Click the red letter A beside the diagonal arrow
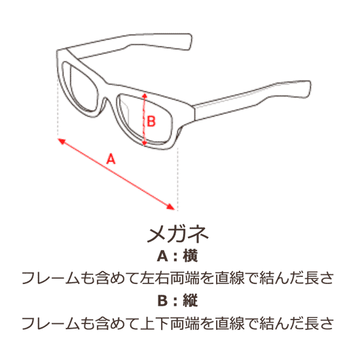[111, 159]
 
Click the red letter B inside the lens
[151, 121]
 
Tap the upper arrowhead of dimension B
[144, 95]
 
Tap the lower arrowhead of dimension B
[144, 143]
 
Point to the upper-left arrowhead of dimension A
[62, 141]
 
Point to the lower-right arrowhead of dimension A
[171, 207]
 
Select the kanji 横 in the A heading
[190, 256]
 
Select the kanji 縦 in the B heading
[190, 300]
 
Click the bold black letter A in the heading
[162, 256]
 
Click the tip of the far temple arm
[190, 41]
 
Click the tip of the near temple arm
[309, 89]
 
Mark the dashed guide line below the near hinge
[177, 179]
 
